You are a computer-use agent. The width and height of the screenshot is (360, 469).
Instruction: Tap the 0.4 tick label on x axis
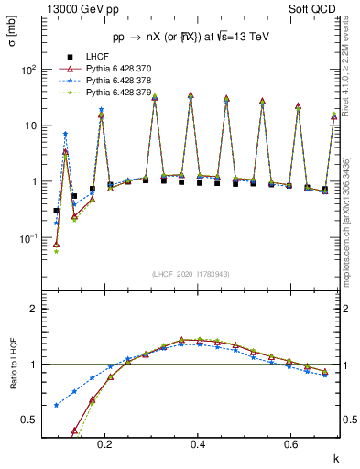click(x=198, y=443)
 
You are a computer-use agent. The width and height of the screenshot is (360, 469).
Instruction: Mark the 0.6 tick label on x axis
click(x=291, y=443)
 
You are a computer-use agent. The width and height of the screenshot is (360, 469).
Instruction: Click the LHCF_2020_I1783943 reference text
click(x=191, y=274)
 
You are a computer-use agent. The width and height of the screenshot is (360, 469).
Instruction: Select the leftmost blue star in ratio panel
click(x=57, y=405)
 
